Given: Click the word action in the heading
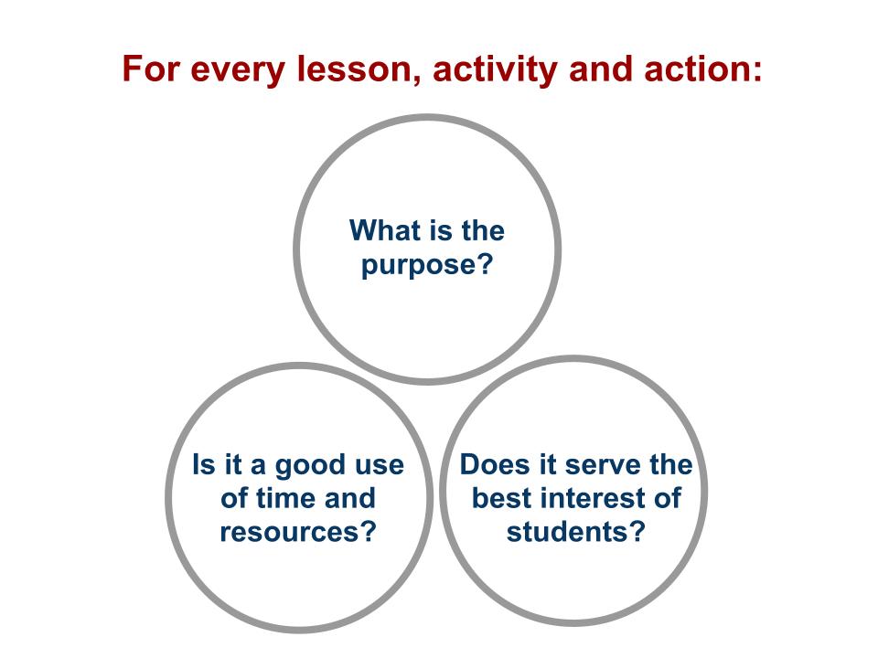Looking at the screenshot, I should (705, 70).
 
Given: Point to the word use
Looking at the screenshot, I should (380, 465).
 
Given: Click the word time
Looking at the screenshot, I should (283, 498).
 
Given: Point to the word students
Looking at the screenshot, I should (565, 531).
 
